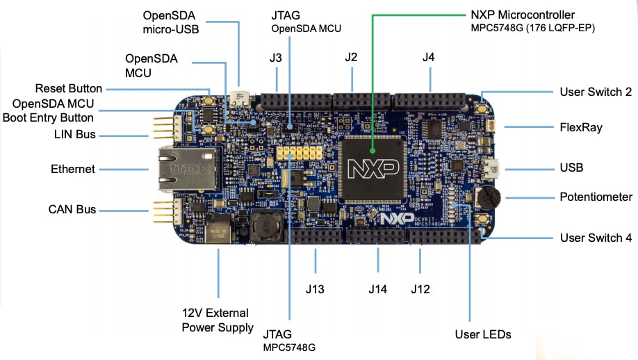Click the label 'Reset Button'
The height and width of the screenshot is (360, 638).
(69, 89)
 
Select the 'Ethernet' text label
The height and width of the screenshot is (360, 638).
(73, 169)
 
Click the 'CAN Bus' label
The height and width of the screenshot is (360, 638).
(72, 209)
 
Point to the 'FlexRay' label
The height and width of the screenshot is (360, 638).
(580, 127)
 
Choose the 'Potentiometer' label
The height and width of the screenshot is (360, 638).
(596, 197)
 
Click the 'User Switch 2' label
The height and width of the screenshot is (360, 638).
(595, 92)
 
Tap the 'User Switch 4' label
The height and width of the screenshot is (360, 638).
(596, 238)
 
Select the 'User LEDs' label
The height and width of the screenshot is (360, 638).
(483, 334)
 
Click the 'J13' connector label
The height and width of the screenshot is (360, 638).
(315, 289)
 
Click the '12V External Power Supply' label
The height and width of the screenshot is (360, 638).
(218, 320)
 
